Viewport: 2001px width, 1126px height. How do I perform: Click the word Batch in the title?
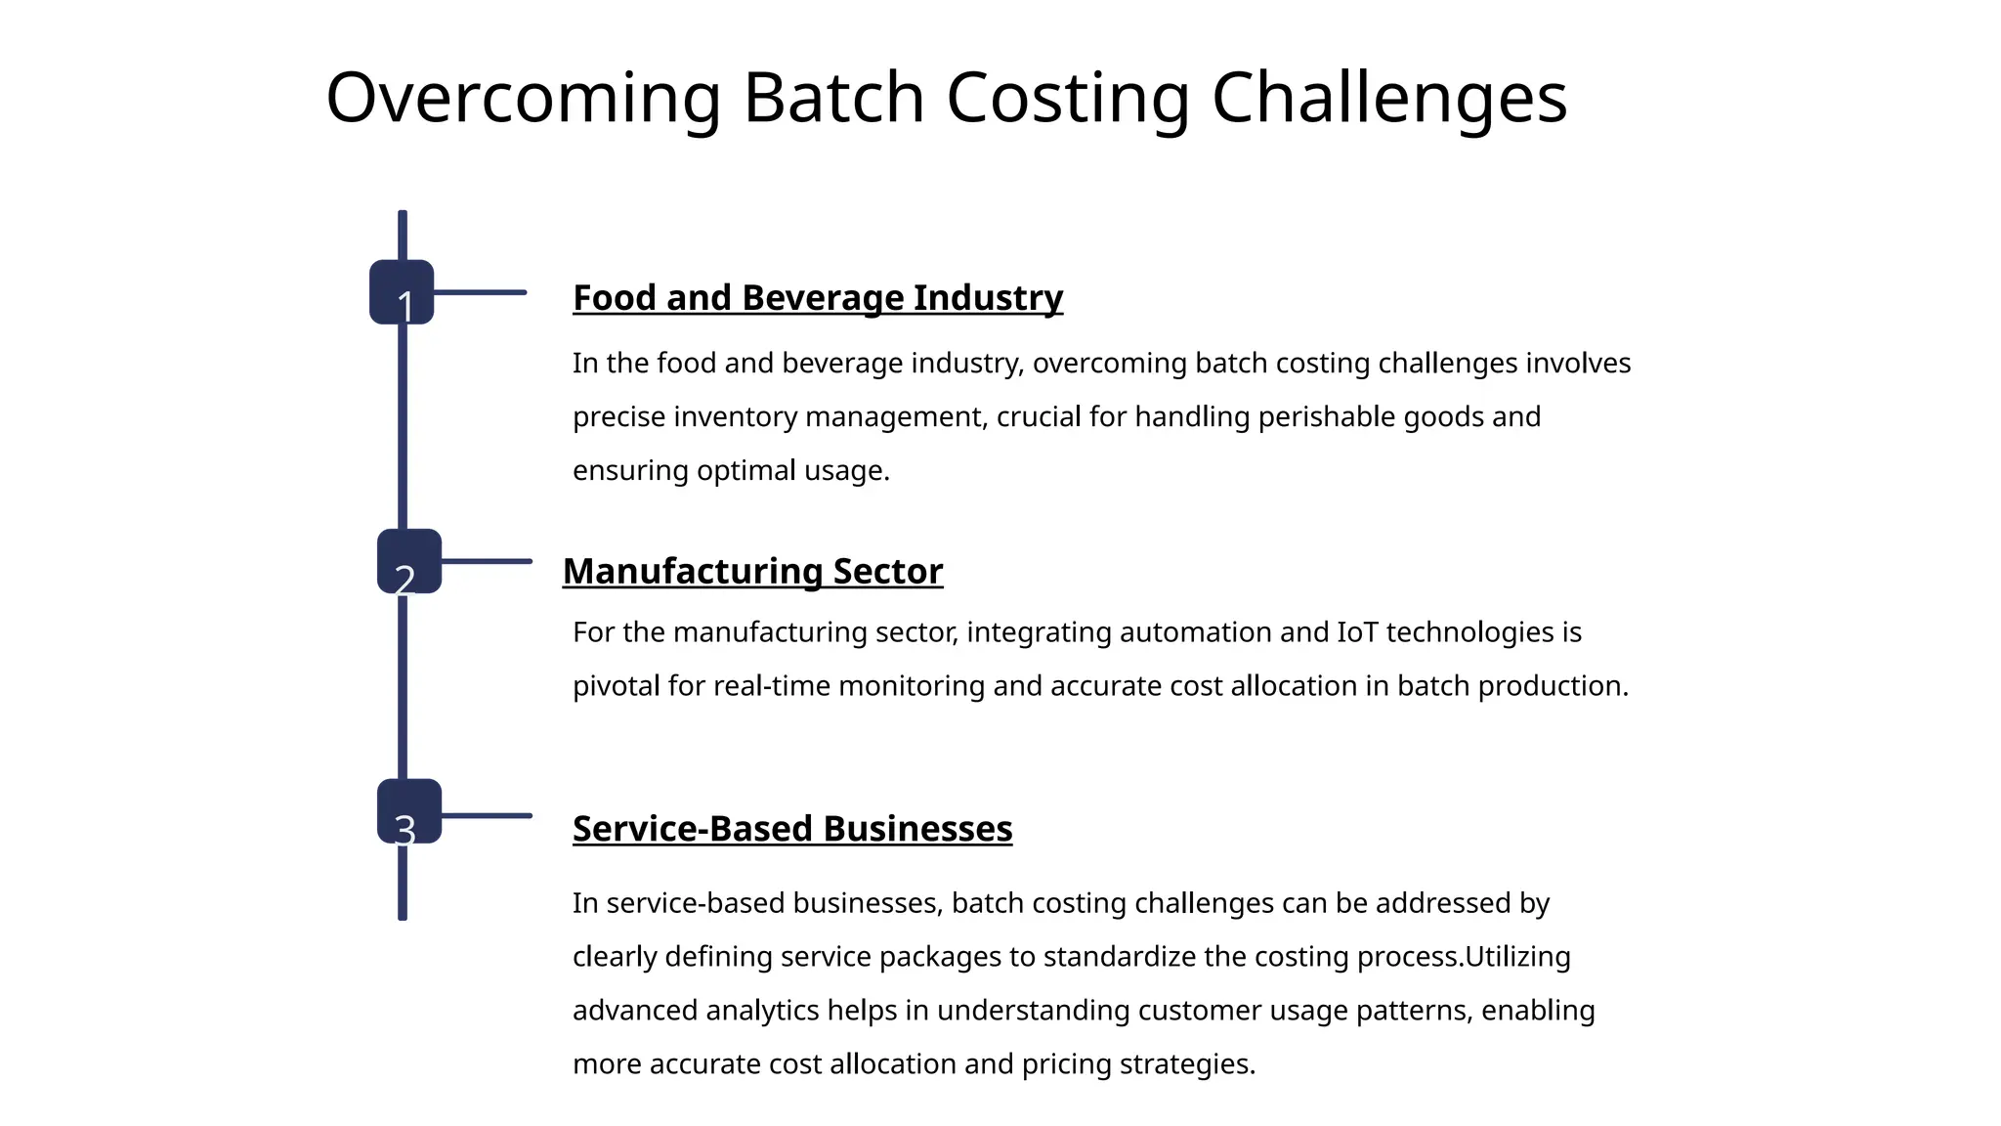(833, 98)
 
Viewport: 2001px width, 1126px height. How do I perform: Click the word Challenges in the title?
(1388, 98)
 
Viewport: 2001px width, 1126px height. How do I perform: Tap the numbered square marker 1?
(402, 292)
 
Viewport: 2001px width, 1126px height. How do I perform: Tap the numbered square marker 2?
(409, 561)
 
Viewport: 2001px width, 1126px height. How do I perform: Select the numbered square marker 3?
(409, 811)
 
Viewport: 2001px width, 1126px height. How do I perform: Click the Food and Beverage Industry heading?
(817, 298)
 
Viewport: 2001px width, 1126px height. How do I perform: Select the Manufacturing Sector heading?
(752, 572)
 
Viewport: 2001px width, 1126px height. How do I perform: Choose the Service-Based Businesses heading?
(791, 829)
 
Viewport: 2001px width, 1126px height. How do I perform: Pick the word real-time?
(772, 686)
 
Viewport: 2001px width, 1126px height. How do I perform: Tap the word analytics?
(762, 1011)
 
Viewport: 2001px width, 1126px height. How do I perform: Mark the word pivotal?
(616, 686)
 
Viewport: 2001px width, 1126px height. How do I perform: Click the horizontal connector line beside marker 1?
(480, 292)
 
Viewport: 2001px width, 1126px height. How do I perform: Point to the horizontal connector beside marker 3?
(487, 815)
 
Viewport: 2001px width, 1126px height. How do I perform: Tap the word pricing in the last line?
(1066, 1064)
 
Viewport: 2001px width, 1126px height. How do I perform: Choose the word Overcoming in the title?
(523, 98)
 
